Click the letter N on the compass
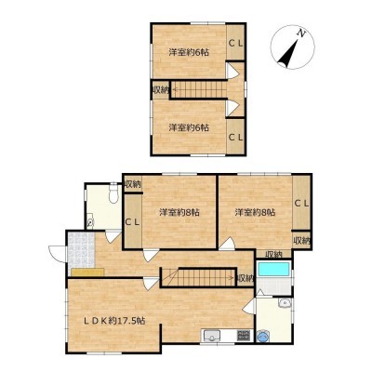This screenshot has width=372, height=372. pyautogui.click(x=300, y=33)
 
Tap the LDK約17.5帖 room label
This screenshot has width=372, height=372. pyautogui.click(x=114, y=321)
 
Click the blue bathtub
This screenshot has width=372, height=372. pyautogui.click(x=273, y=269)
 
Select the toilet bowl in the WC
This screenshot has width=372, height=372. pyautogui.click(x=113, y=194)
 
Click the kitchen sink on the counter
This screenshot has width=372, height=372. pyautogui.click(x=211, y=335)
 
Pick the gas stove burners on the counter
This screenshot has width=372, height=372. pyautogui.click(x=244, y=335)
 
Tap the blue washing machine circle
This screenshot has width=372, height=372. pyautogui.click(x=263, y=336)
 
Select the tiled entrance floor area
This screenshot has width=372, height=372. pyautogui.click(x=81, y=250)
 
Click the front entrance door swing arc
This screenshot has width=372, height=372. pyautogui.click(x=56, y=254)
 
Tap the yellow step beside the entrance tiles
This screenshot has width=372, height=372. pyautogui.click(x=87, y=272)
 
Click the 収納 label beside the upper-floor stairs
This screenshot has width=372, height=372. pyautogui.click(x=160, y=90)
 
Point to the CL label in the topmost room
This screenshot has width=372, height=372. pyautogui.click(x=235, y=44)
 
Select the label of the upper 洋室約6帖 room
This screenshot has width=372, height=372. pyautogui.click(x=189, y=52)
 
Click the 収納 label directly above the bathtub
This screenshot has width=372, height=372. pyautogui.click(x=273, y=255)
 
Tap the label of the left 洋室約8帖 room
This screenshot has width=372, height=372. pyautogui.click(x=179, y=213)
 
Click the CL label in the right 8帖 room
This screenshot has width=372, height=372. pyautogui.click(x=301, y=204)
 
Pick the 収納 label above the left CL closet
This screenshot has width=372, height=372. pyautogui.click(x=133, y=185)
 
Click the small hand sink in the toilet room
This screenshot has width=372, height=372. pyautogui.click(x=90, y=221)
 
